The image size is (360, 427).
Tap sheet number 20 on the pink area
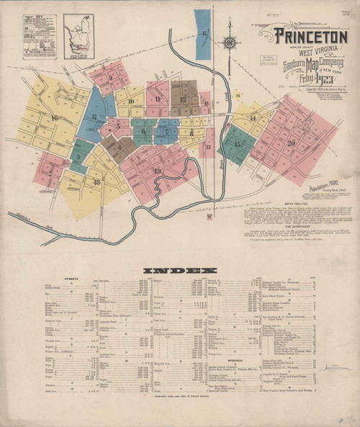291,143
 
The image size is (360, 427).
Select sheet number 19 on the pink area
157,170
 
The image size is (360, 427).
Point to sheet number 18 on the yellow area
96,182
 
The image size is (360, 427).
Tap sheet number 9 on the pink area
110,77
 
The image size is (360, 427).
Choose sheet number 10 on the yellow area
132,102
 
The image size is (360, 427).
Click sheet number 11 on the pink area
157,99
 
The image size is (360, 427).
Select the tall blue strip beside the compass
204,34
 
